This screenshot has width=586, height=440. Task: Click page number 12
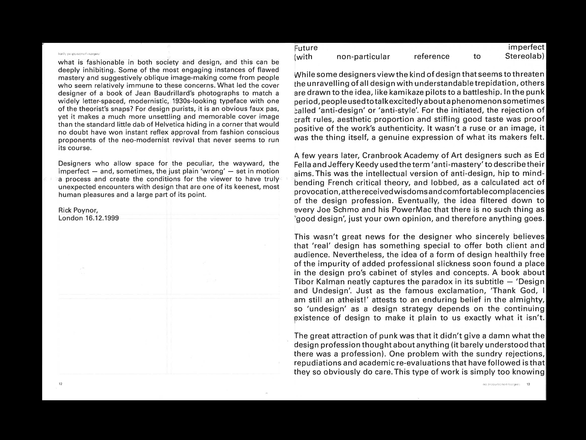coord(60,384)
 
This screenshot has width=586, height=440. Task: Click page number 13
coord(528,384)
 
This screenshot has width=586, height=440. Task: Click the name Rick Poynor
coord(78,210)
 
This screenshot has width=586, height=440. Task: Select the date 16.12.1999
coord(102,218)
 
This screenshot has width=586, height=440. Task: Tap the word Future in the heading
coord(306,48)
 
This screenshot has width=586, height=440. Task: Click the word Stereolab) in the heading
coord(524,56)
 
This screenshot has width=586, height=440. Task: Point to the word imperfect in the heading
coord(526,47)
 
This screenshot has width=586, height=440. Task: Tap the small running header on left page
coord(79,54)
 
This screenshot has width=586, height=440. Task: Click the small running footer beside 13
coord(501,384)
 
